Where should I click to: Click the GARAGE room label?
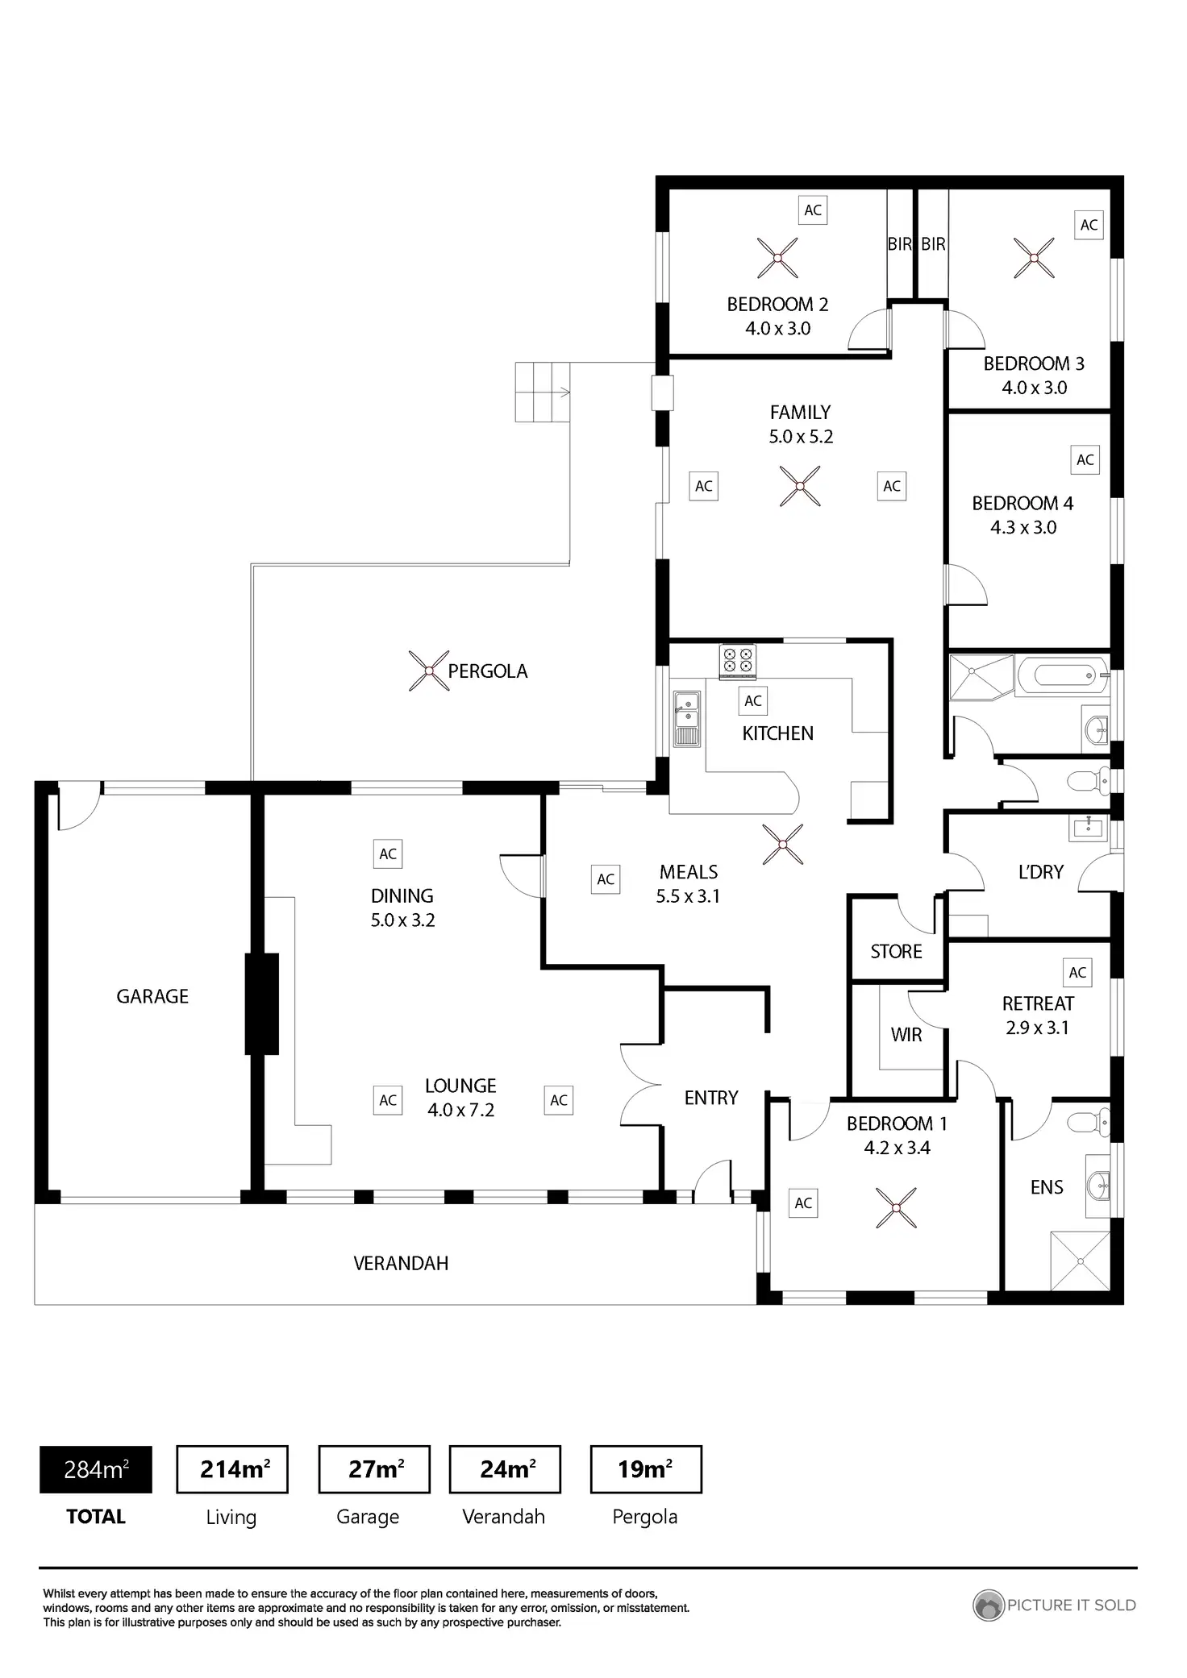pyautogui.click(x=152, y=997)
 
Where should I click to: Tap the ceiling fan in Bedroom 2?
pyautogui.click(x=778, y=258)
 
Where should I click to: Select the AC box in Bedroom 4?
pyautogui.click(x=1085, y=459)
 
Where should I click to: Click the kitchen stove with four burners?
pyautogui.click(x=738, y=660)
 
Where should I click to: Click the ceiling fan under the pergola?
pyautogui.click(x=429, y=671)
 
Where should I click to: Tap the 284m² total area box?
pyautogui.click(x=96, y=1469)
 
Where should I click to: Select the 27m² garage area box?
pyautogui.click(x=375, y=1469)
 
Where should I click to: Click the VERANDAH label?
pyautogui.click(x=401, y=1263)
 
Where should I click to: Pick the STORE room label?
pyautogui.click(x=896, y=952)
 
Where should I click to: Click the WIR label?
pyautogui.click(x=906, y=1035)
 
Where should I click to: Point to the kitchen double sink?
pyautogui.click(x=687, y=718)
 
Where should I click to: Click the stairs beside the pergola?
pyautogui.click(x=543, y=392)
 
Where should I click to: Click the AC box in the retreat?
pyautogui.click(x=1078, y=973)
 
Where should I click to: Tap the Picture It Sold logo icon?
pyautogui.click(x=988, y=1605)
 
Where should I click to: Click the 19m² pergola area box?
pyautogui.click(x=646, y=1469)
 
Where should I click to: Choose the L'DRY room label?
pyautogui.click(x=1041, y=872)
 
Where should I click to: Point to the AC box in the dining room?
pyautogui.click(x=388, y=854)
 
